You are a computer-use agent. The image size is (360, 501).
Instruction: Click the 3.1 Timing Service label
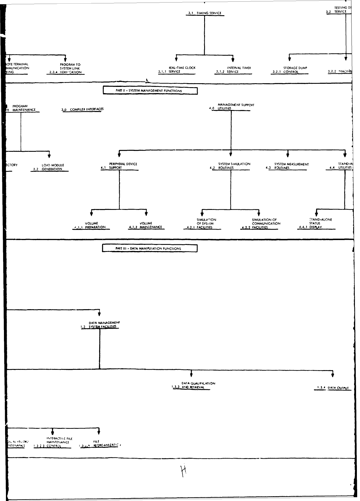click(x=205, y=13)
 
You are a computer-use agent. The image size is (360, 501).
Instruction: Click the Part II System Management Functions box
click(x=150, y=91)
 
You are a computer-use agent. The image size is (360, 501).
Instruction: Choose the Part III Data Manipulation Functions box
click(x=149, y=249)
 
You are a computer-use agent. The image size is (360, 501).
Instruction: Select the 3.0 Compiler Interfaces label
click(x=83, y=109)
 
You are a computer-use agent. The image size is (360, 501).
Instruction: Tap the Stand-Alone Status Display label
click(x=316, y=223)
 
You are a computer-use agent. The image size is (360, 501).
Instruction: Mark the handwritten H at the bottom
click(x=184, y=471)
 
